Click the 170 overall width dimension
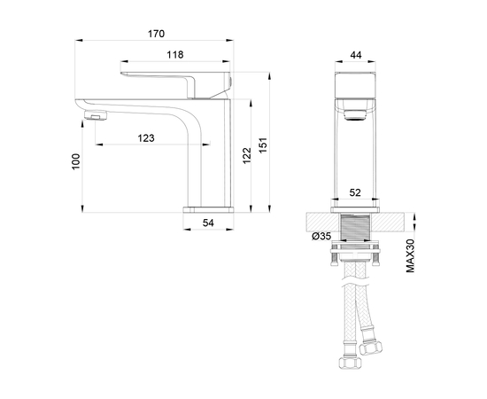click(156, 35)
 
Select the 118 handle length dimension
click(175, 55)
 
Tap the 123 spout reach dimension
click(147, 137)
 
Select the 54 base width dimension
click(209, 224)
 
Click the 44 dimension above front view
click(357, 55)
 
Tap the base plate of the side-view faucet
click(207, 209)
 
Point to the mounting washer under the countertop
click(357, 256)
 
